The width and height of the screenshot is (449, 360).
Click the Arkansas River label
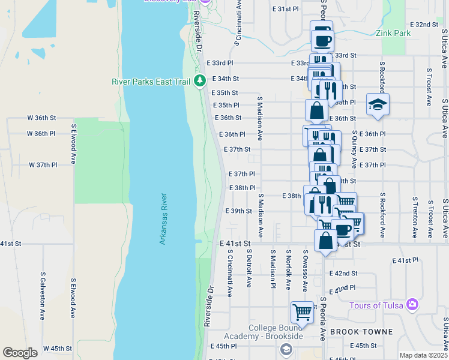coord(163,218)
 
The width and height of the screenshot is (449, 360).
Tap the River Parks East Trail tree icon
coord(200,81)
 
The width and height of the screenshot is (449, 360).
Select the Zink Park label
coord(393,33)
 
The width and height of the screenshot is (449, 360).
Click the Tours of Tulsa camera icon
coord(412,305)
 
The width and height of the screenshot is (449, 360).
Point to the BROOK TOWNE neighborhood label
coord(361,332)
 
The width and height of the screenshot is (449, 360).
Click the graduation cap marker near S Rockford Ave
coord(378,104)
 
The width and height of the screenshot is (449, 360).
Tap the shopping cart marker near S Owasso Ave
coord(302,312)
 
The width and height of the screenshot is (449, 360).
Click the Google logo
coord(20,353)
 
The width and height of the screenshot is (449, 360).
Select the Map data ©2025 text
coord(423,355)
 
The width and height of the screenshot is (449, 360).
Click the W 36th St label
coord(41,118)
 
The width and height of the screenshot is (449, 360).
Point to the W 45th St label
coord(58,348)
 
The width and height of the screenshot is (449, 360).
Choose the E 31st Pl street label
coord(285,9)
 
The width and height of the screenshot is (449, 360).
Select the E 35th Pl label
coord(228,105)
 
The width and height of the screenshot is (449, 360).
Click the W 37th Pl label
coord(43,164)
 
